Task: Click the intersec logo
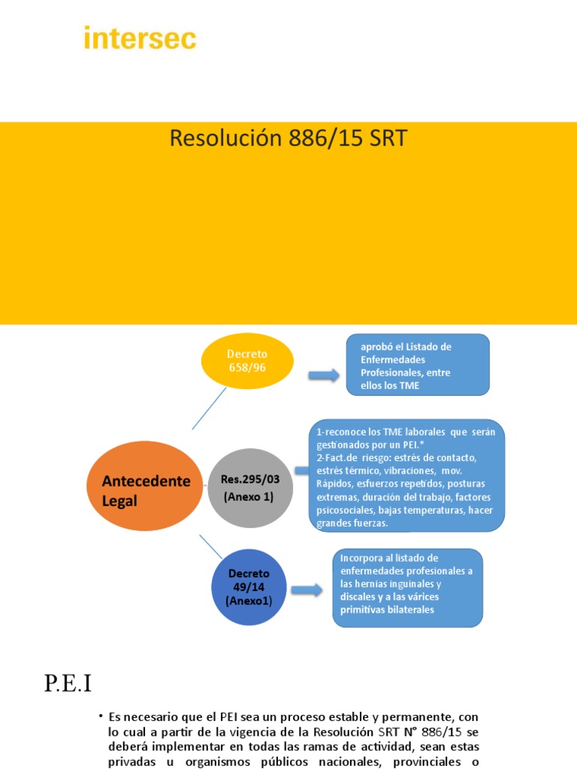[x=140, y=38]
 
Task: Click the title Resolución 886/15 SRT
[x=288, y=139]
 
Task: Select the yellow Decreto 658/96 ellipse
[x=248, y=361]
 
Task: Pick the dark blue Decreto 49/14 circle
[x=248, y=588]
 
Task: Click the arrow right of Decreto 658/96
[x=324, y=375]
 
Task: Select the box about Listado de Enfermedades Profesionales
[x=418, y=365]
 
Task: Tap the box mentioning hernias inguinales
[x=408, y=587]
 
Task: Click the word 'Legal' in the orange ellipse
[x=120, y=501]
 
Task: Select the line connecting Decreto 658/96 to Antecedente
[x=210, y=409]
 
